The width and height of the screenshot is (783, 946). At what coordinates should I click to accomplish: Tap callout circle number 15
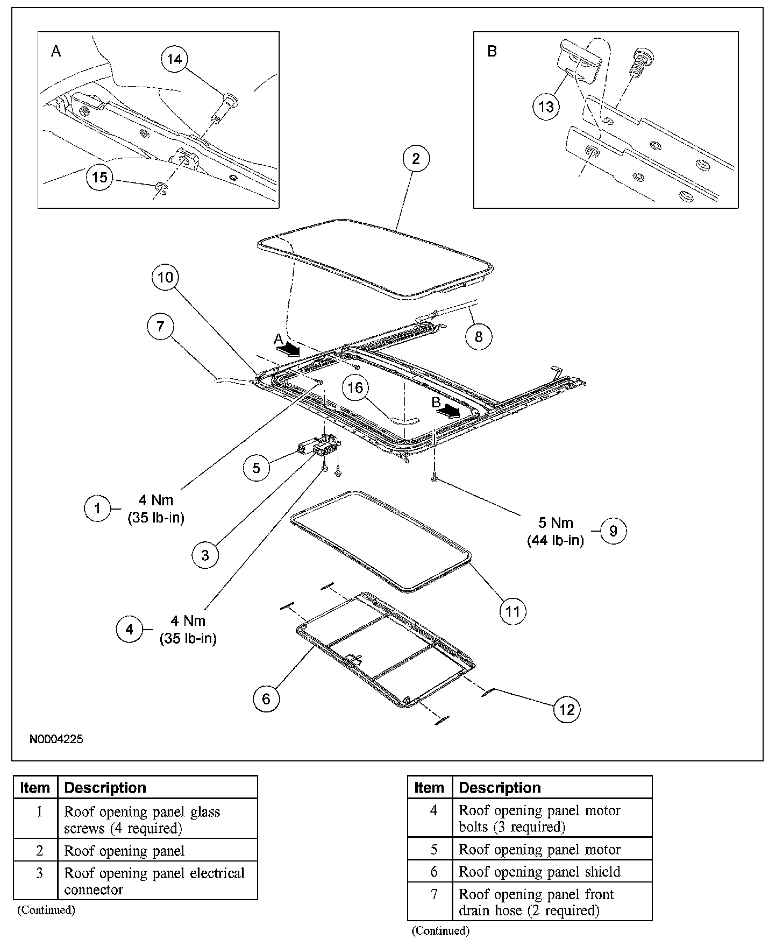(100, 177)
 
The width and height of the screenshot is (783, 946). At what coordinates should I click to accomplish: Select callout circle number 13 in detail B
(546, 107)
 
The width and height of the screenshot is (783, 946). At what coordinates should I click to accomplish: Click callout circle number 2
(416, 159)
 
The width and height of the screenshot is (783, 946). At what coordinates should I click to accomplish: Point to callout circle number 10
(166, 277)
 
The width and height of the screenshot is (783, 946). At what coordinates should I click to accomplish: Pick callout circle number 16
(356, 387)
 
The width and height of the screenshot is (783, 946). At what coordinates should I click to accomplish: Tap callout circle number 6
(266, 698)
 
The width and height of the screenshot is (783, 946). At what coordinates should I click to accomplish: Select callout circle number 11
(512, 611)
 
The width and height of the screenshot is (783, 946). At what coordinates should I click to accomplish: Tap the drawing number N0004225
(56, 739)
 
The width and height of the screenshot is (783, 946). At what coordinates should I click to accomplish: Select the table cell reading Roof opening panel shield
(539, 872)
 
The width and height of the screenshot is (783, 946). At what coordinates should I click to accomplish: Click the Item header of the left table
(35, 787)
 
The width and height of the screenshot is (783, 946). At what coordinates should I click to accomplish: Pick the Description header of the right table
(500, 787)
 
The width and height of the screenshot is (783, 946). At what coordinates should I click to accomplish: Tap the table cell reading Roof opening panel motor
(539, 849)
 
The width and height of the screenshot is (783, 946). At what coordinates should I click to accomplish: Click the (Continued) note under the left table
(46, 910)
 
